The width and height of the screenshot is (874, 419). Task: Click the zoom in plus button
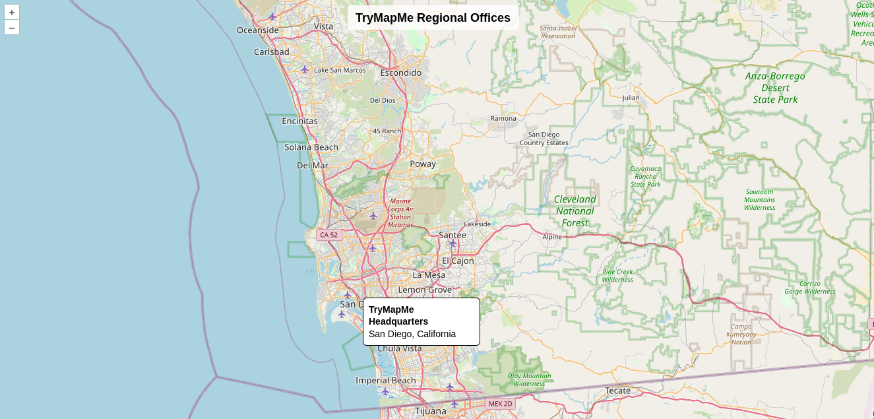(12, 12)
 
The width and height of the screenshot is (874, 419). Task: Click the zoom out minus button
(12, 28)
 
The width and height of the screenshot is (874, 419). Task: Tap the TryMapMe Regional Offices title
(433, 18)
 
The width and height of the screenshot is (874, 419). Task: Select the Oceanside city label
(258, 30)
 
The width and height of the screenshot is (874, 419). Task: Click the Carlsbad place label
(272, 51)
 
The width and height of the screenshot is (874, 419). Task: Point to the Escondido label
(400, 73)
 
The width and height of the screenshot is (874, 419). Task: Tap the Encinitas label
(299, 121)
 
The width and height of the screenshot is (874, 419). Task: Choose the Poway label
(423, 164)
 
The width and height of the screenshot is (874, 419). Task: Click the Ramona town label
(503, 119)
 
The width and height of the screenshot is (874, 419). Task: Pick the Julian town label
(631, 98)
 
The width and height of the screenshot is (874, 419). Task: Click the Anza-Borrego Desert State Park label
(775, 88)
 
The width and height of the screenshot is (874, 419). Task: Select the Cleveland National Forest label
(575, 210)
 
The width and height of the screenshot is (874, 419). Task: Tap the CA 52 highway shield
(328, 235)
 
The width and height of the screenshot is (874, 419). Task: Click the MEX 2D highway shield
(500, 403)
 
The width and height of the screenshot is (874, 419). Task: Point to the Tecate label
(617, 390)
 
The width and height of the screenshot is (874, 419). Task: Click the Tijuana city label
(430, 410)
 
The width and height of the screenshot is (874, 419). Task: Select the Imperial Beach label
(386, 380)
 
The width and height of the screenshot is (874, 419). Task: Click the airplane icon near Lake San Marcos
(305, 69)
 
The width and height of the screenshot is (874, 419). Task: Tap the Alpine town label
(552, 236)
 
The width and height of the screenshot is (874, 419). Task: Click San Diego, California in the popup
(412, 334)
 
